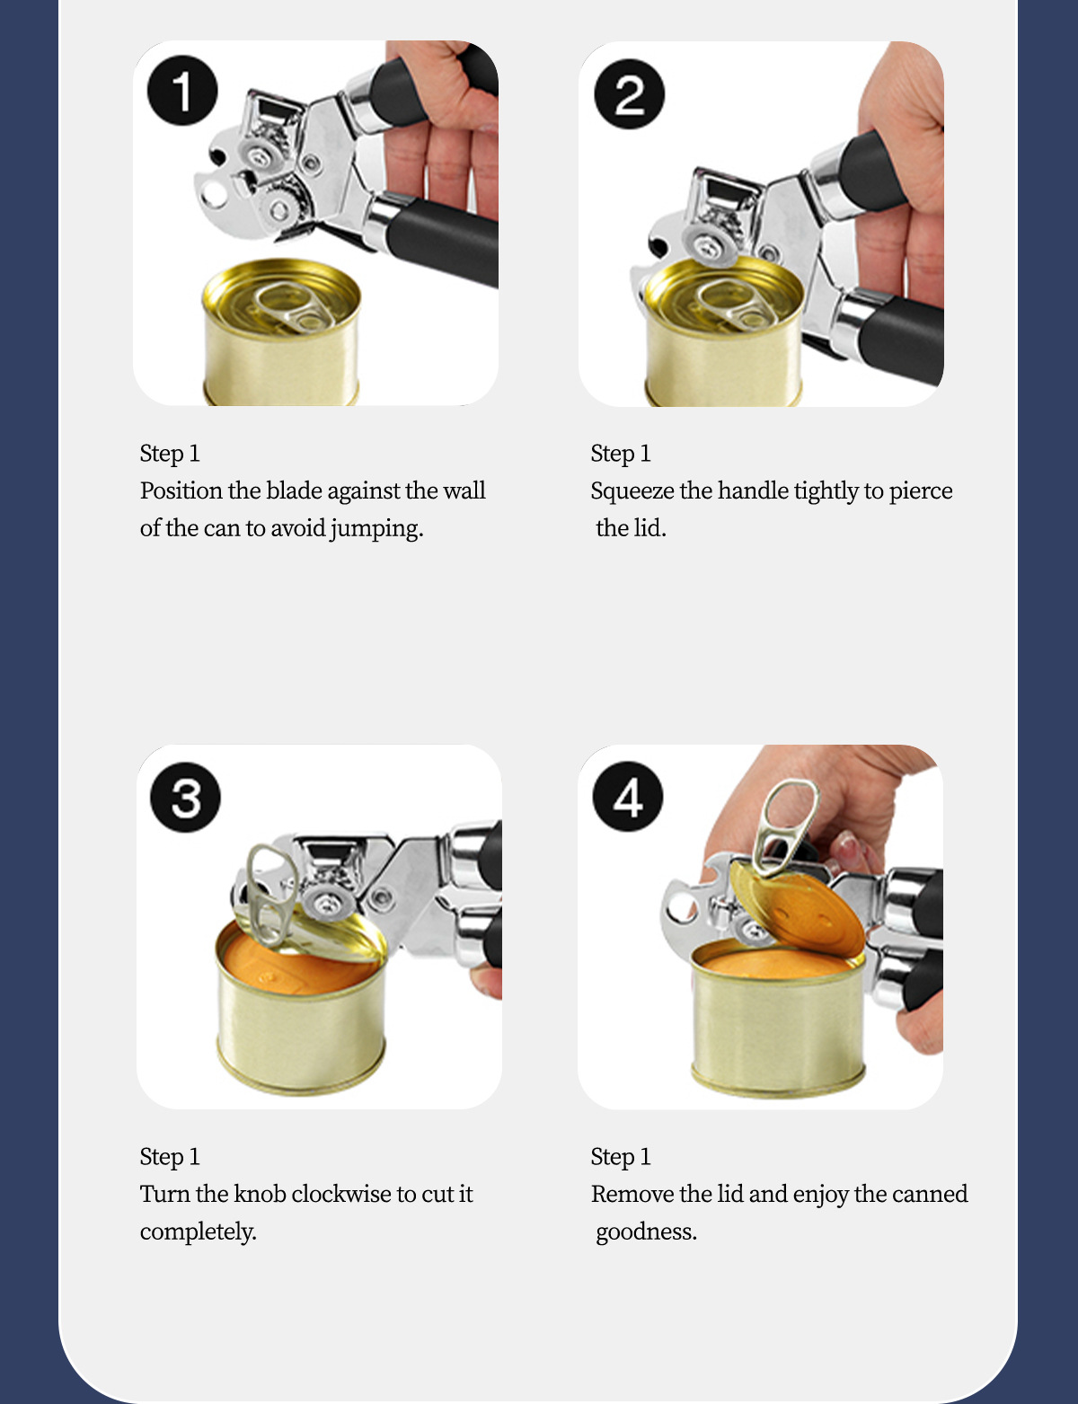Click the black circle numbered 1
[x=182, y=91]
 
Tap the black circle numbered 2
[x=629, y=94]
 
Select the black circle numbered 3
[x=185, y=798]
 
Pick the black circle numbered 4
[x=628, y=797]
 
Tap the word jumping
[x=376, y=529]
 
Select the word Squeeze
[x=632, y=491]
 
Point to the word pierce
[x=921, y=492]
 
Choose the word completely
[x=199, y=1232]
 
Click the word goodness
[x=647, y=1232]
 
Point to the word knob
[x=260, y=1194]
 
